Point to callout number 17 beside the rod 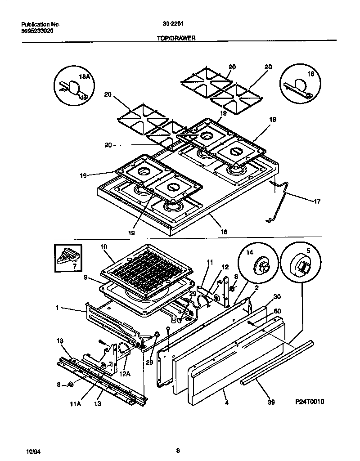pos(317,202)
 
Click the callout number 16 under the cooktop pos(224,232)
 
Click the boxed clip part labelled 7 pos(68,258)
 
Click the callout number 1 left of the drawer pos(57,309)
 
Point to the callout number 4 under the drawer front pos(226,403)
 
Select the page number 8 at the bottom pos(178,450)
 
